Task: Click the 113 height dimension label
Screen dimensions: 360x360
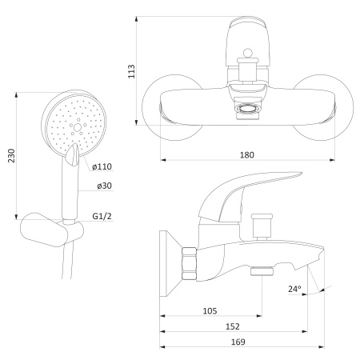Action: coord(132,71)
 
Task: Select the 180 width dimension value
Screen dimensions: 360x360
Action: coord(247,155)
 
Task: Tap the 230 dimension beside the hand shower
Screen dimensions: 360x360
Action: coord(11,156)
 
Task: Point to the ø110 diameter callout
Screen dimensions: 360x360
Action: coord(102,166)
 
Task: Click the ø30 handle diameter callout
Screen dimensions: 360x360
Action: coord(104,186)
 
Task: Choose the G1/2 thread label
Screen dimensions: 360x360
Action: coord(102,216)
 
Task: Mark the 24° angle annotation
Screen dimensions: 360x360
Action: coord(294,289)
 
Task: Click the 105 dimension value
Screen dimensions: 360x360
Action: coord(210,311)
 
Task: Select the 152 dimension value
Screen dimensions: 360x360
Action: coord(233,326)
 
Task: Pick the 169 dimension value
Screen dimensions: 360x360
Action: coord(238,342)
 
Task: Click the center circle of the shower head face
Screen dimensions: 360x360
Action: coord(78,127)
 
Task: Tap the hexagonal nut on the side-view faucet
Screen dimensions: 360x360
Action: coord(189,263)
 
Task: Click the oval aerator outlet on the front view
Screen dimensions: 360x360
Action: coord(247,110)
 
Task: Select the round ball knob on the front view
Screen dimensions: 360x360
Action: coord(248,53)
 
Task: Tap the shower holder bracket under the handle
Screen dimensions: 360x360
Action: coord(52,230)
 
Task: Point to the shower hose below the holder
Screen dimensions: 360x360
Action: coord(67,262)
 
